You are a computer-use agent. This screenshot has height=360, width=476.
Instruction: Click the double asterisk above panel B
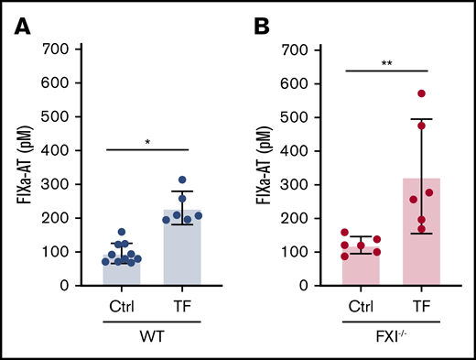pyautogui.click(x=386, y=64)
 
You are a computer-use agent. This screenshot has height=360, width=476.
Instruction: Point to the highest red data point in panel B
pyautogui.click(x=422, y=93)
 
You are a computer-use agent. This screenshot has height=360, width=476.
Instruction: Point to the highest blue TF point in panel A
pyautogui.click(x=181, y=180)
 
